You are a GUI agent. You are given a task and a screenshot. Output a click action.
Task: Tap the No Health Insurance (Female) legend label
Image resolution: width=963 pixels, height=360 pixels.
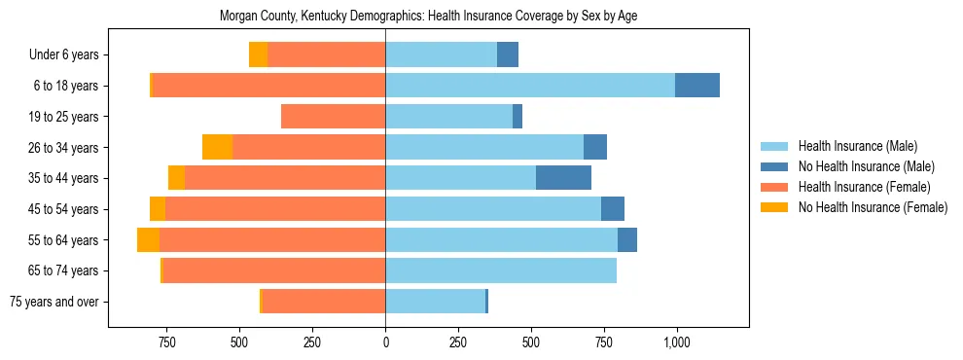pyautogui.click(x=873, y=207)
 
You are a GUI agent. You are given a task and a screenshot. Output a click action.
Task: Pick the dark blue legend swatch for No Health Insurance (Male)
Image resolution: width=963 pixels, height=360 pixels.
pyautogui.click(x=775, y=166)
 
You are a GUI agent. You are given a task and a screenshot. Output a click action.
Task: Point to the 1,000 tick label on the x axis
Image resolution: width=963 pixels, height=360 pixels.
pyautogui.click(x=676, y=342)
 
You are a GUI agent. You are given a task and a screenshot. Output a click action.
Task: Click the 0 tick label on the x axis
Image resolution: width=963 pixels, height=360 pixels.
pyautogui.click(x=385, y=342)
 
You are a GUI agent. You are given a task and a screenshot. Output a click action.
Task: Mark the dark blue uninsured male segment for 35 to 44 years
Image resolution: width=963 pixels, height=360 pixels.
pyautogui.click(x=563, y=178)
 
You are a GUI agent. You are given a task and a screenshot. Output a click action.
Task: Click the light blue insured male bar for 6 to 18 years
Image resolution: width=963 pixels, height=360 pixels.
pyautogui.click(x=530, y=86)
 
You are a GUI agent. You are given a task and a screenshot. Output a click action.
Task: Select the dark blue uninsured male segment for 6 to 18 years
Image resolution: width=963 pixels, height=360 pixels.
pyautogui.click(x=697, y=86)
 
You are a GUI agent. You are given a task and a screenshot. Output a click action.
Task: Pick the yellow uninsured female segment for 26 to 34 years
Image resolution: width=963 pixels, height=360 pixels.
pyautogui.click(x=217, y=147)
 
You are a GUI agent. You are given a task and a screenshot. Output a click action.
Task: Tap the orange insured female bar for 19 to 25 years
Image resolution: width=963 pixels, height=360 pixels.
pyautogui.click(x=333, y=117)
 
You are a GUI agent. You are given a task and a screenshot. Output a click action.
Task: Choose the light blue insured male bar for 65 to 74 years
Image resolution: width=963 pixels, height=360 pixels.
pyautogui.click(x=501, y=270)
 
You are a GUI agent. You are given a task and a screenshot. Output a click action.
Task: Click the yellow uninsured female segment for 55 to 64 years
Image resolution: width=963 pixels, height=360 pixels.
pyautogui.click(x=148, y=239)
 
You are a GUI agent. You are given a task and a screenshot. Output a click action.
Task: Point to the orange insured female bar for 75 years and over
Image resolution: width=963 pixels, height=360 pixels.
pyautogui.click(x=324, y=302)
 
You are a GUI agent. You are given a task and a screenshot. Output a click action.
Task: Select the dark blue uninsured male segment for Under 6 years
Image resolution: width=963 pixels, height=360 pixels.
pyautogui.click(x=508, y=54)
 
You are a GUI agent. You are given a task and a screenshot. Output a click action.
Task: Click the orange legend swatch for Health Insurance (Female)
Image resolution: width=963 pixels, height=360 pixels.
pyautogui.click(x=775, y=187)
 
